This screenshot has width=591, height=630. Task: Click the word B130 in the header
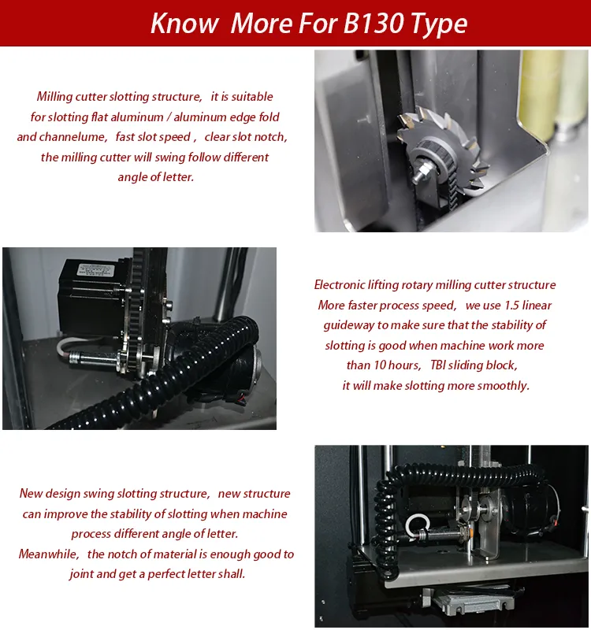click(x=373, y=23)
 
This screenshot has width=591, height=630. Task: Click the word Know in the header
click(x=184, y=23)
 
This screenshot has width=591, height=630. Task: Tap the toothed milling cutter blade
click(x=441, y=149)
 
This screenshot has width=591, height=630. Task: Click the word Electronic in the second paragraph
click(x=340, y=285)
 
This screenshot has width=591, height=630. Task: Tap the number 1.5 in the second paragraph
click(x=511, y=305)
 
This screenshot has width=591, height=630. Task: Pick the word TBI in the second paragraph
click(x=437, y=365)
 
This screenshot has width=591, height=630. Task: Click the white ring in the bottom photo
click(x=418, y=526)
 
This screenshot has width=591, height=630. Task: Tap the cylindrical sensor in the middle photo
click(x=93, y=358)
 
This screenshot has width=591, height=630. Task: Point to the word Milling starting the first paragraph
click(x=54, y=97)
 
